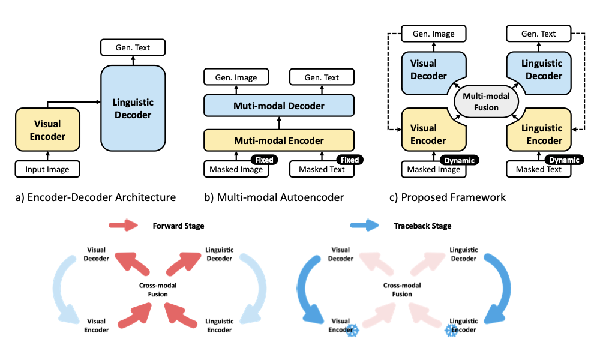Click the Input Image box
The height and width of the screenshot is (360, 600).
pyautogui.click(x=47, y=169)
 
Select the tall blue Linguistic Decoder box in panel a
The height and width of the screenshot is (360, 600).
pyautogui.click(x=133, y=108)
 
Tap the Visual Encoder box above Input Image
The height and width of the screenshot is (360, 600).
pyautogui.click(x=47, y=130)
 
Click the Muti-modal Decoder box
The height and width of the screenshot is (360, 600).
pyautogui.click(x=279, y=106)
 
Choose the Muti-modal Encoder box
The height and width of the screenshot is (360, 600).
pyautogui.click(x=279, y=140)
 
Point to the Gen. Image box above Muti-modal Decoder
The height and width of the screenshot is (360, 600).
pyautogui.click(x=237, y=77)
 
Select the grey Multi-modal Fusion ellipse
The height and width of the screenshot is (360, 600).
pyautogui.click(x=486, y=102)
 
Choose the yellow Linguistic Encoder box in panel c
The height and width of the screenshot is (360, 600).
pyautogui.click(x=542, y=134)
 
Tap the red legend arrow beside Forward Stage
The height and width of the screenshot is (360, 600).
pyautogui.click(x=122, y=226)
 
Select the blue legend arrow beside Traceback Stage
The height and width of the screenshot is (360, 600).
pyautogui.click(x=365, y=226)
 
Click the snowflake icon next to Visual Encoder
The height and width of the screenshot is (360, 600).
pyautogui.click(x=352, y=329)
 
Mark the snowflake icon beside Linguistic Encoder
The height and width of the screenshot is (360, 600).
pyautogui.click(x=452, y=329)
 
